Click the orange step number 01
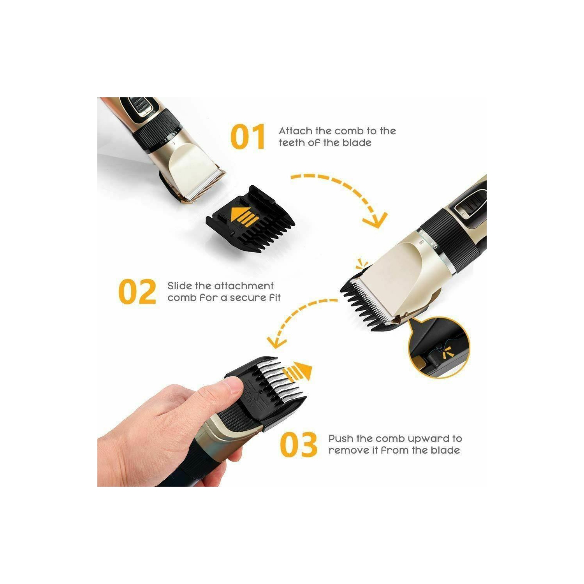pyautogui.click(x=248, y=137)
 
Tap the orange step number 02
pyautogui.click(x=137, y=292)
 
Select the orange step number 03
pyautogui.click(x=299, y=445)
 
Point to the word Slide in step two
pyautogui.click(x=179, y=286)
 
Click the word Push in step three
pyautogui.click(x=341, y=439)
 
